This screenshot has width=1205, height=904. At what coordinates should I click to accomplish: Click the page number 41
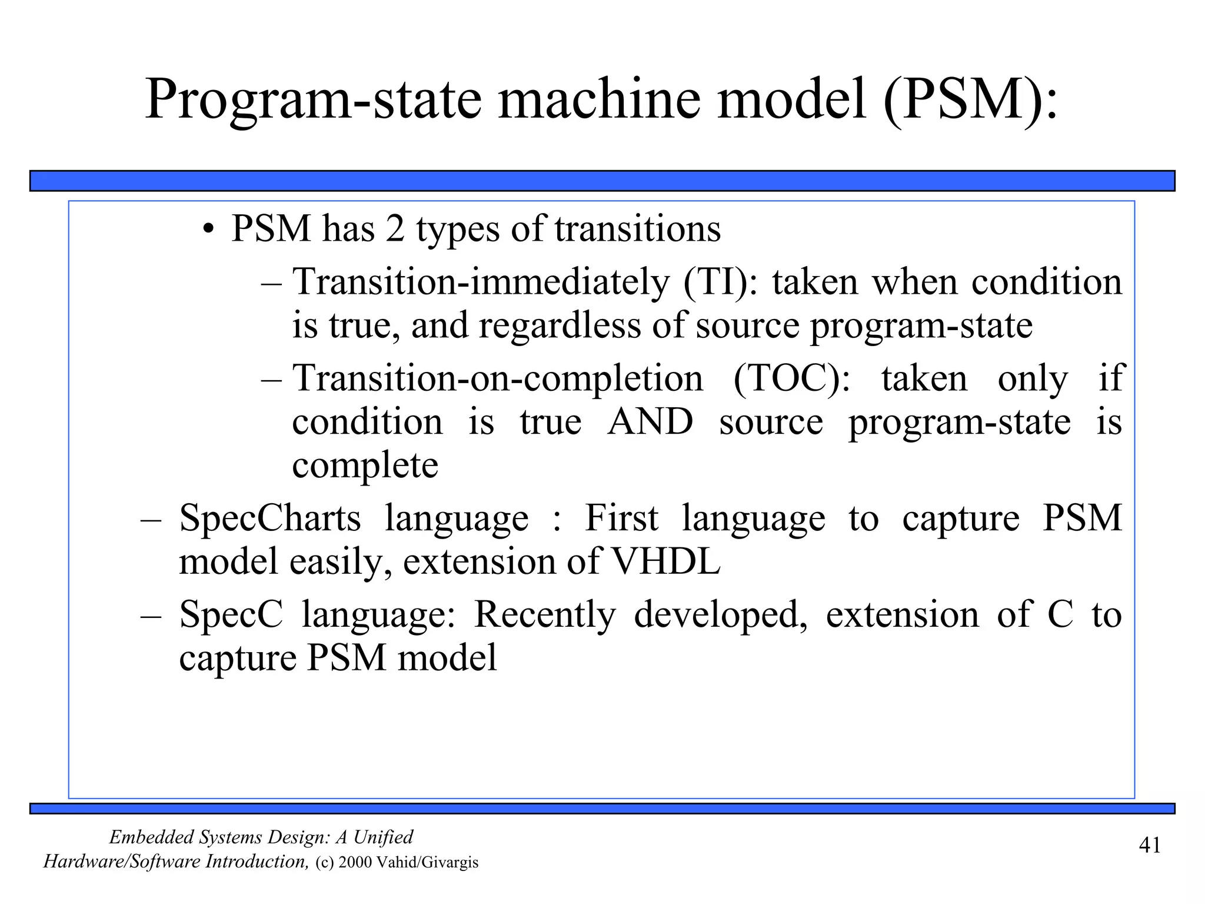tap(1150, 845)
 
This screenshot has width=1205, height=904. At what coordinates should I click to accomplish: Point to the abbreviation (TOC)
tap(792, 378)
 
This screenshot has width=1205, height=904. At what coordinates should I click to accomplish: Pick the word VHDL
tap(666, 561)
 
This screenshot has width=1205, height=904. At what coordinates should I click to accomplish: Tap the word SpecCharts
tap(270, 518)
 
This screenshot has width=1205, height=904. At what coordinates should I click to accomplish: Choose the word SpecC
tap(231, 614)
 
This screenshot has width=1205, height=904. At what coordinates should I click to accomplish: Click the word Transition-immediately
tap(481, 282)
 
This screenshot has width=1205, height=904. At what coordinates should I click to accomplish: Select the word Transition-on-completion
tap(498, 378)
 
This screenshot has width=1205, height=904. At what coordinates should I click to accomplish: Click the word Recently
tap(544, 614)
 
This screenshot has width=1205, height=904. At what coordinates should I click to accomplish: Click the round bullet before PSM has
tap(207, 230)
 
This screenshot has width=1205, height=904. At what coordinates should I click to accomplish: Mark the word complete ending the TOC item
tap(365, 466)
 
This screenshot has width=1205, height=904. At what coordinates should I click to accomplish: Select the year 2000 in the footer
tap(355, 862)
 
